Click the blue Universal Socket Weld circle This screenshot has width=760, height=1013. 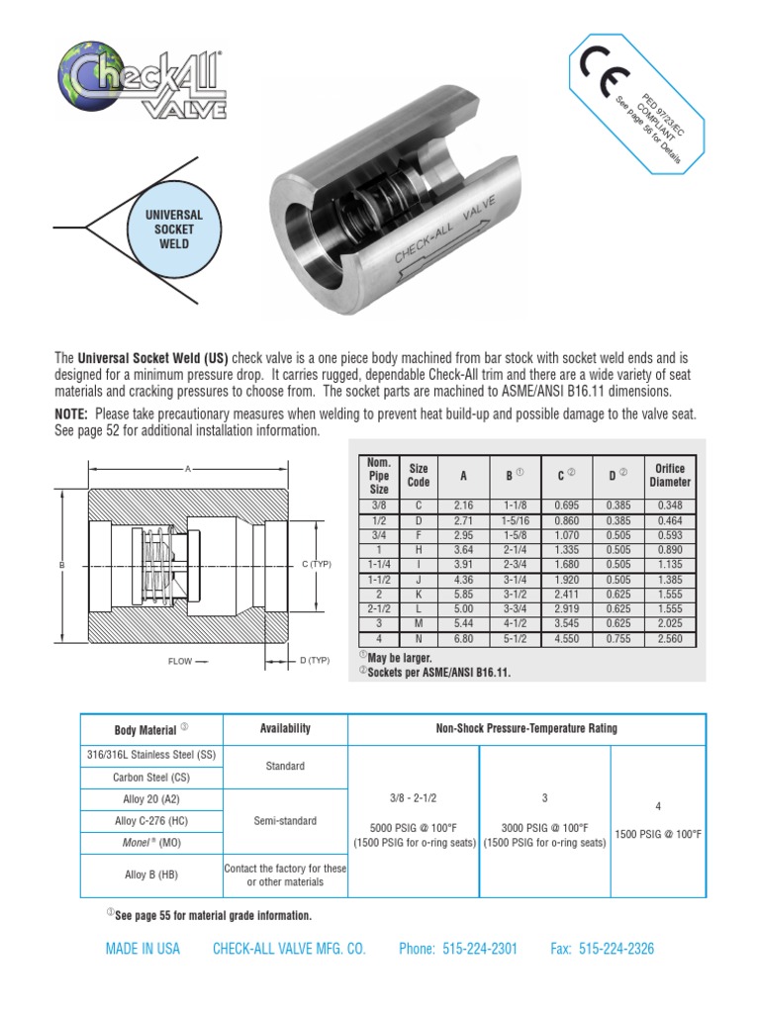174,229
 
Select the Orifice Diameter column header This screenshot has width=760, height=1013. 670,475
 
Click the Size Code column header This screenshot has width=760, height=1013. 419,475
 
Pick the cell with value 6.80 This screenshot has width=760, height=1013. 462,640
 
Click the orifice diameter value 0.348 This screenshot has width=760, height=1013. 670,506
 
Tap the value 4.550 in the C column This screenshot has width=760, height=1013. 559,640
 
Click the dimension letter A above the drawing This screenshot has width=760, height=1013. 187,469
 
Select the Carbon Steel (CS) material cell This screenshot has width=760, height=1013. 151,778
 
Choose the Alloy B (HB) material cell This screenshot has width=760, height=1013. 151,875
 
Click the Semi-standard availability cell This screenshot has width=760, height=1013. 285,820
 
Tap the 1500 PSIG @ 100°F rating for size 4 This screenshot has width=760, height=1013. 658,834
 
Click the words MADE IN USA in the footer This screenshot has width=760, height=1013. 142,949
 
